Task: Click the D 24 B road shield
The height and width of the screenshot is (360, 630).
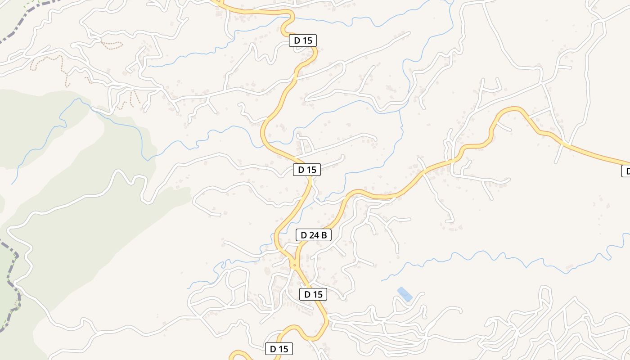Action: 314,234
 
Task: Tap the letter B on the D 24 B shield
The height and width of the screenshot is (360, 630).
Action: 324,234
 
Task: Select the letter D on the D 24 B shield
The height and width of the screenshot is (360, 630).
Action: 304,234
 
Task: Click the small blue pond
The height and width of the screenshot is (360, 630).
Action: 405,294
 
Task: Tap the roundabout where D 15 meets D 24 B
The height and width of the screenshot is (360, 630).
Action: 294,265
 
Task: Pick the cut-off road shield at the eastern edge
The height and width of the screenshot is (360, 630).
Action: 626,171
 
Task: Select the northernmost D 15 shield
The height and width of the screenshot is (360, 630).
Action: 303,40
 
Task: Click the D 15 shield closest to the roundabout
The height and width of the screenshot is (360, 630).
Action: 313,294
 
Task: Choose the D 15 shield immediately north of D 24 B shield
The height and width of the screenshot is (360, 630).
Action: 307,170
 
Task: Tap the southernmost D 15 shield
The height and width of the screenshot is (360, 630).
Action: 279,349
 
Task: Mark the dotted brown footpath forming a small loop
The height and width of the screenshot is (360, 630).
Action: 112,45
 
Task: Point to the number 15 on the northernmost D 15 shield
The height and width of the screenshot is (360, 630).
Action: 307,40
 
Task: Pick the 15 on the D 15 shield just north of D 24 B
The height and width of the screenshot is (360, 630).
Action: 311,170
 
